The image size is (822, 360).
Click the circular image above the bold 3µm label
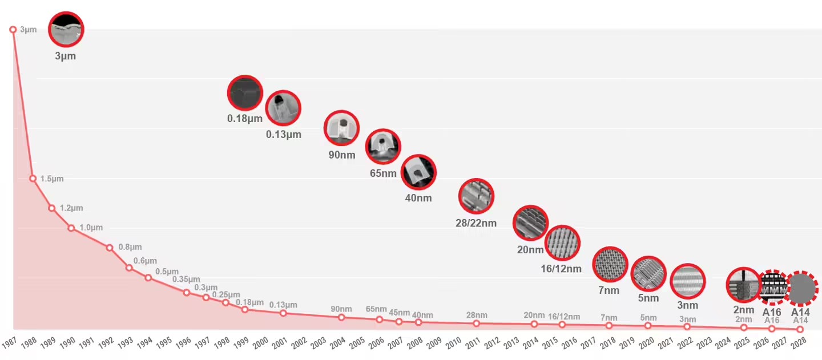coord(66,29)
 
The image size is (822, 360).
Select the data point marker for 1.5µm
coord(33,179)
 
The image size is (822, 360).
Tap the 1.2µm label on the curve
coord(71,208)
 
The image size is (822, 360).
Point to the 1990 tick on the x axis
coord(68,342)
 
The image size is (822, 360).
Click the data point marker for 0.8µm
coord(110,248)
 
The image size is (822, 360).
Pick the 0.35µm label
coord(186,280)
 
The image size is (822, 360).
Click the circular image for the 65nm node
coord(383,147)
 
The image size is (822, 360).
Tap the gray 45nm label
coord(399,313)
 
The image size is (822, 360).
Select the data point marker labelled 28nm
coord(477,323)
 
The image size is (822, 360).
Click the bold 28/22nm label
coord(476,223)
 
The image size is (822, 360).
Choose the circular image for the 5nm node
coord(648,274)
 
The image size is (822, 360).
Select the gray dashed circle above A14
coord(801,288)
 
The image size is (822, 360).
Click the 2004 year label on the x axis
coord(338,342)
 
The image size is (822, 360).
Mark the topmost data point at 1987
coord(13,30)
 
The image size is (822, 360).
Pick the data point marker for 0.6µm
coord(129,268)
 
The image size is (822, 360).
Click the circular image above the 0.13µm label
coord(283,108)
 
